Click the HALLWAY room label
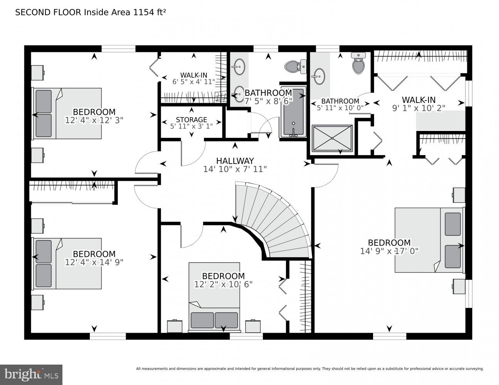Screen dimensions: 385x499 pos(235,161)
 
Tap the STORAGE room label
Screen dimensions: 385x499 pos(192,120)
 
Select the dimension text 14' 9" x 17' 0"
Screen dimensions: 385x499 pos(389,251)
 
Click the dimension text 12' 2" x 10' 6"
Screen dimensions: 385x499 pos(223,284)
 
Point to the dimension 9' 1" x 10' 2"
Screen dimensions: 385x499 pos(418,108)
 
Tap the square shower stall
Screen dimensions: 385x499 pos(332,138)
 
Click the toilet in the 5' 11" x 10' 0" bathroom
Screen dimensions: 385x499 pos(358,64)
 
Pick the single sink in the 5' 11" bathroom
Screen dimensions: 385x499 pos(319,76)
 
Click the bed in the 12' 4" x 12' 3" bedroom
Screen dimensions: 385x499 pos(67,114)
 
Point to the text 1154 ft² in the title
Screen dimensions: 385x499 pos(150,12)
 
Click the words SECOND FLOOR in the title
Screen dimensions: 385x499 pos(48,12)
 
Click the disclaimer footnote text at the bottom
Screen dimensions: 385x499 pos(309,369)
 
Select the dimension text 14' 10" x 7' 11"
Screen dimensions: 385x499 pos(235,169)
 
